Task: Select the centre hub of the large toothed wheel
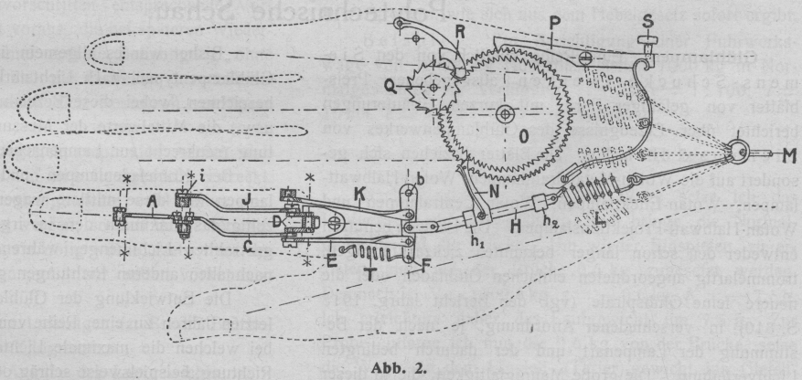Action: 504,115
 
